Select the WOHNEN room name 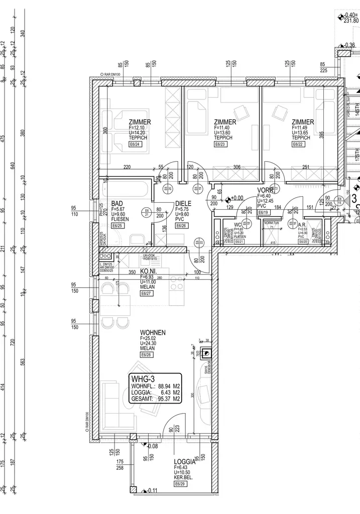click(153, 333)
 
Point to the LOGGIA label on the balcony click(184, 462)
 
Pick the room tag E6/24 click(136, 144)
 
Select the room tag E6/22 click(299, 144)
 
